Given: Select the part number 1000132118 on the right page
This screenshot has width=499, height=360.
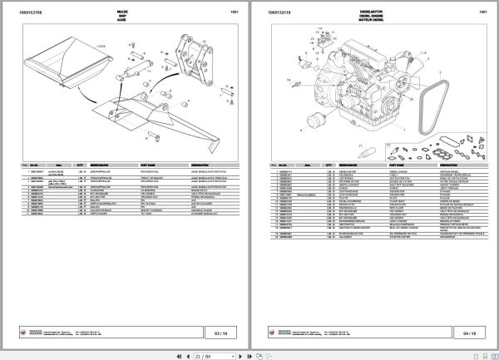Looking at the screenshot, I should [x=283, y=13].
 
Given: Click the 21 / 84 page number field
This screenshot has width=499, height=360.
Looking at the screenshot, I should [x=203, y=353].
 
